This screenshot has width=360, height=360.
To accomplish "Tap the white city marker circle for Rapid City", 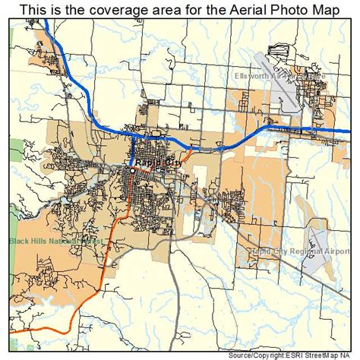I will tap(131, 171).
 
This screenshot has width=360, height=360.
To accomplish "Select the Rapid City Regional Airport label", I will tap(300, 251).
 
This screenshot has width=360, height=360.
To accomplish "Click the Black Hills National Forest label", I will tap(56, 242).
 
